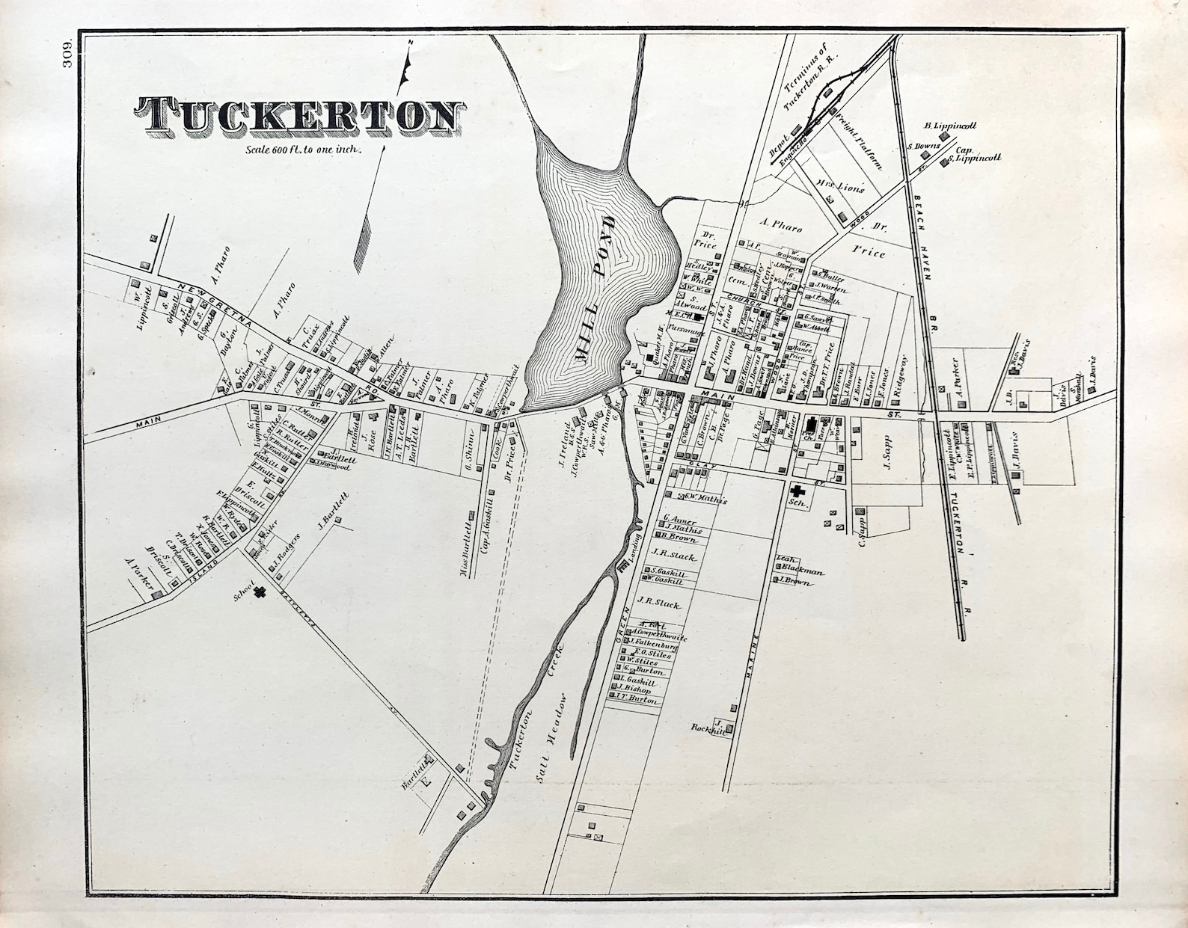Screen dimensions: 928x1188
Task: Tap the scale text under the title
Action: click(x=304, y=150)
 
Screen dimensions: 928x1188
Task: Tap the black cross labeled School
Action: click(x=261, y=592)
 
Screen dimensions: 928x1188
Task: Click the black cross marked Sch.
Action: click(x=798, y=492)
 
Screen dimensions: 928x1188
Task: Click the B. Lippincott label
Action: click(x=951, y=126)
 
